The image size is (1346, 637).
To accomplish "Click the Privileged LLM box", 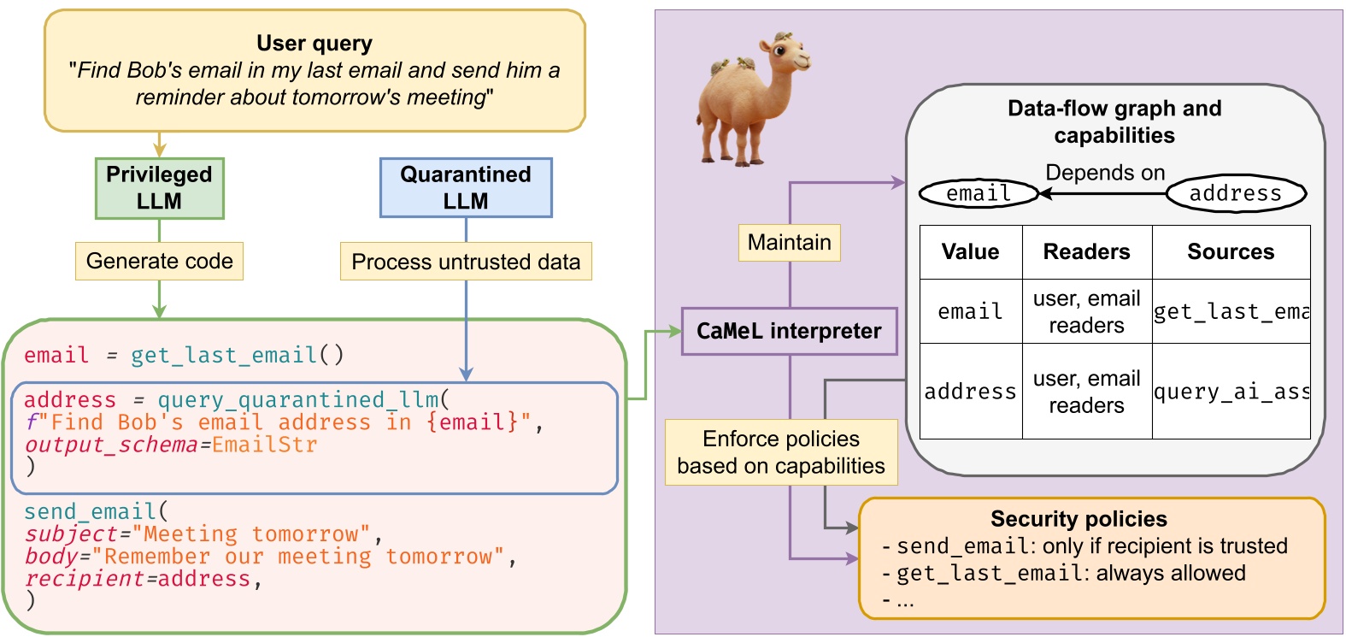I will point(159,188).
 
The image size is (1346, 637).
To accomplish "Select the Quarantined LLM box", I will point(466,188).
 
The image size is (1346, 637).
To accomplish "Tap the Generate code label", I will point(159,261).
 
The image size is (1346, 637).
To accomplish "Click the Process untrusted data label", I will point(466,262).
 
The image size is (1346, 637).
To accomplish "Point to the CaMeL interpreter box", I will point(789,331).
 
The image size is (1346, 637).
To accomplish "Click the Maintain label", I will point(789,242).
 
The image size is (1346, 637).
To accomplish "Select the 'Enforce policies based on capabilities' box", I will point(781,452).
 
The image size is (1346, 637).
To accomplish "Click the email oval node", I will point(978,193).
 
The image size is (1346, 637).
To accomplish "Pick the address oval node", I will point(1235,193).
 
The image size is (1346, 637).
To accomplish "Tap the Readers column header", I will point(1086,251).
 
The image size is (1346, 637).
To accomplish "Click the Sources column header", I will point(1230,251).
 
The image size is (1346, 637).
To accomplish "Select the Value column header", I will point(970,251).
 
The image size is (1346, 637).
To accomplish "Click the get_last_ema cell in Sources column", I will point(1231,311).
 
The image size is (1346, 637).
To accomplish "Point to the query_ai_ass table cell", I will point(1231,392).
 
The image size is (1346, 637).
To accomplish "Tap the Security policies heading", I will point(1079,519).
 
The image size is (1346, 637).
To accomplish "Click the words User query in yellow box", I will point(314,43).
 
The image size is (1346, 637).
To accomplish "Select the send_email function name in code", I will point(90,511).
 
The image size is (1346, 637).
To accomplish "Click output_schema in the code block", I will point(111,445).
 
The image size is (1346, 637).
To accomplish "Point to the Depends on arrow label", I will point(1104,173).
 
